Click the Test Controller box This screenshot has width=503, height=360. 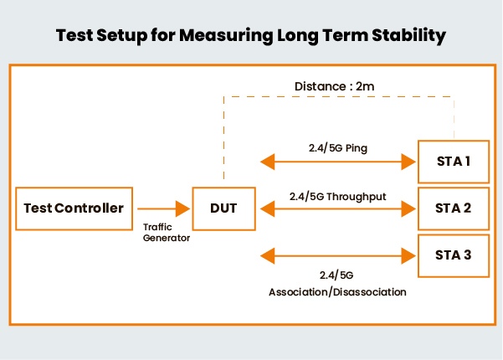click(x=74, y=208)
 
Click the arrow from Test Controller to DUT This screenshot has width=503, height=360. click(x=164, y=208)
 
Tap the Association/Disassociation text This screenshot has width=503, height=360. click(x=338, y=292)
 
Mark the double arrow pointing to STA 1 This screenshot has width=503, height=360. click(x=339, y=161)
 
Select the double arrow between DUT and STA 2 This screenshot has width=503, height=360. click(x=339, y=208)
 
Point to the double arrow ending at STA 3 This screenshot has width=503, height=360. click(x=339, y=254)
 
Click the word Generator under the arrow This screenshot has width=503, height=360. click(x=166, y=238)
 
